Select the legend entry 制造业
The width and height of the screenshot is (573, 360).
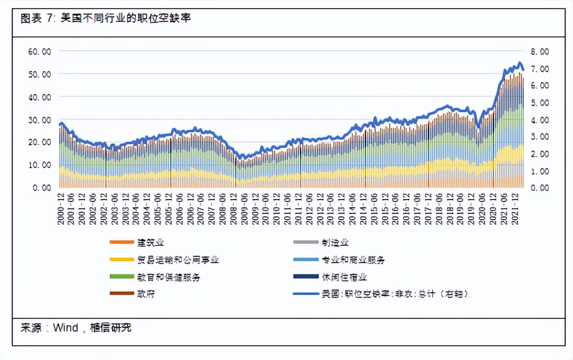pyautogui.click(x=335, y=243)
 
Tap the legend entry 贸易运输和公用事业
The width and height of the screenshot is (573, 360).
pyautogui.click(x=177, y=260)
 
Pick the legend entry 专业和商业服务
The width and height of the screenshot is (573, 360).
pyautogui.click(x=353, y=260)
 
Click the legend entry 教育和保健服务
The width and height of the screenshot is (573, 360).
pyautogui.click(x=168, y=277)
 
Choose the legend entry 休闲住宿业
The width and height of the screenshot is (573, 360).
pyautogui.click(x=344, y=277)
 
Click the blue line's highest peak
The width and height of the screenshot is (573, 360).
pyautogui.click(x=519, y=63)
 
